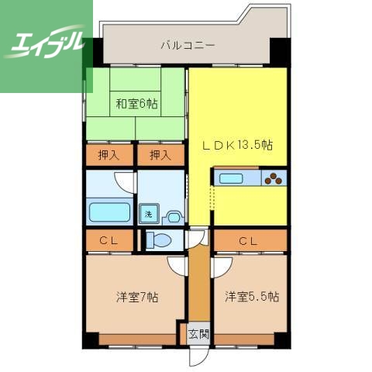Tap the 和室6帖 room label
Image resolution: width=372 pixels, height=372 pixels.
click(x=136, y=103)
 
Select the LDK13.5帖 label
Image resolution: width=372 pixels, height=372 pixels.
click(x=237, y=145)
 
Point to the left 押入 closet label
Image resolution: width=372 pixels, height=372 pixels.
click(x=108, y=154)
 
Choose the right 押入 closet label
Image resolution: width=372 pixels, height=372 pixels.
click(x=160, y=154)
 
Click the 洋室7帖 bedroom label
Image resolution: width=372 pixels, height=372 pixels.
click(x=137, y=297)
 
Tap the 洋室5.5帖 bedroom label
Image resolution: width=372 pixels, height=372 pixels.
click(x=252, y=297)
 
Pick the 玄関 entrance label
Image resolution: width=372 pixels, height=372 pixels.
click(x=198, y=334)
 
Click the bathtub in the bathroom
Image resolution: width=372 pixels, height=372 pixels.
click(x=109, y=212)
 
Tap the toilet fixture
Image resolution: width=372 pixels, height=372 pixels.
click(x=158, y=240)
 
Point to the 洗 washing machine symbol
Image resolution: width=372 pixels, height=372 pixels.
click(x=147, y=215)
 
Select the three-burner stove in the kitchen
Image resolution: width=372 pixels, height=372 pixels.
click(x=274, y=179)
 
